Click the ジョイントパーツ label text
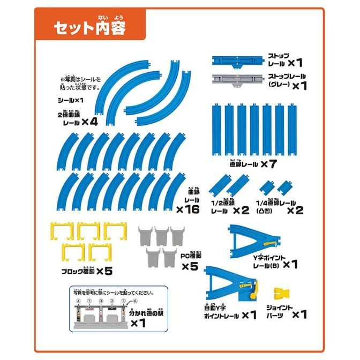279,314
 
